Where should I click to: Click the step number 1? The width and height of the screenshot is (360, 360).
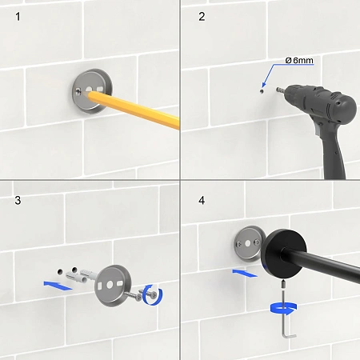(18, 17)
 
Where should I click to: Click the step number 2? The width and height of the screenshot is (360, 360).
(202, 17)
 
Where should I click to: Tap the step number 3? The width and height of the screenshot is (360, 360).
(18, 201)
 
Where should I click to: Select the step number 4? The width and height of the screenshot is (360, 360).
(202, 200)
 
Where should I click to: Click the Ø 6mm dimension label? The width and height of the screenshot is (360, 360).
(299, 61)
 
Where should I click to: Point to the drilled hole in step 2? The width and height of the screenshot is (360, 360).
(262, 91)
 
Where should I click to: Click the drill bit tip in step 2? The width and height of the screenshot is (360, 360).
(277, 90)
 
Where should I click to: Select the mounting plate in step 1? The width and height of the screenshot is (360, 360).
(93, 90)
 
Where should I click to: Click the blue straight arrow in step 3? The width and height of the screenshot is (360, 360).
(58, 285)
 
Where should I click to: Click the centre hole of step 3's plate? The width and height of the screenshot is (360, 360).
(110, 285)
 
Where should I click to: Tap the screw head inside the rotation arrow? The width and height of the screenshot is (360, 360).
(154, 294)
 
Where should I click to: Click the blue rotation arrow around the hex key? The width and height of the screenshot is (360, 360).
(283, 309)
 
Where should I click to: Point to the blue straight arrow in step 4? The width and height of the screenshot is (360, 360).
(245, 274)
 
